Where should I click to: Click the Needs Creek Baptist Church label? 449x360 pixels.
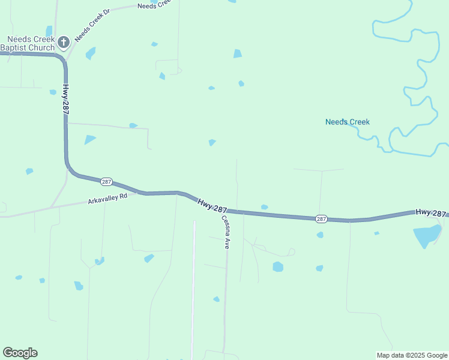(x=28, y=43)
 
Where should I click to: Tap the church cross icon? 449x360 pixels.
(x=64, y=41)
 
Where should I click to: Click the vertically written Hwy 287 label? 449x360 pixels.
(x=64, y=101)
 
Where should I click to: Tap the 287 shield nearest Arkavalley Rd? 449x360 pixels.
(x=106, y=181)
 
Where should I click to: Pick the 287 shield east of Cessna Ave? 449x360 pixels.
(x=322, y=219)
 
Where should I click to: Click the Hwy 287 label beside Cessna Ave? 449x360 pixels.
(x=212, y=206)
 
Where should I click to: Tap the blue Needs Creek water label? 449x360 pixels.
(x=348, y=122)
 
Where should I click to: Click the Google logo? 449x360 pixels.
(x=20, y=353)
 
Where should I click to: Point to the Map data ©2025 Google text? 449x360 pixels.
(x=412, y=355)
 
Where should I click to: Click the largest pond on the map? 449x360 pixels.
(x=427, y=236)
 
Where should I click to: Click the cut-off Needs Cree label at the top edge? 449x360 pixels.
(x=154, y=6)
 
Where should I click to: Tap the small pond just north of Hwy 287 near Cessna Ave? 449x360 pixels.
(x=264, y=207)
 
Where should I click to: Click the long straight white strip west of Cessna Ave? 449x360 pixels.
(x=194, y=288)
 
